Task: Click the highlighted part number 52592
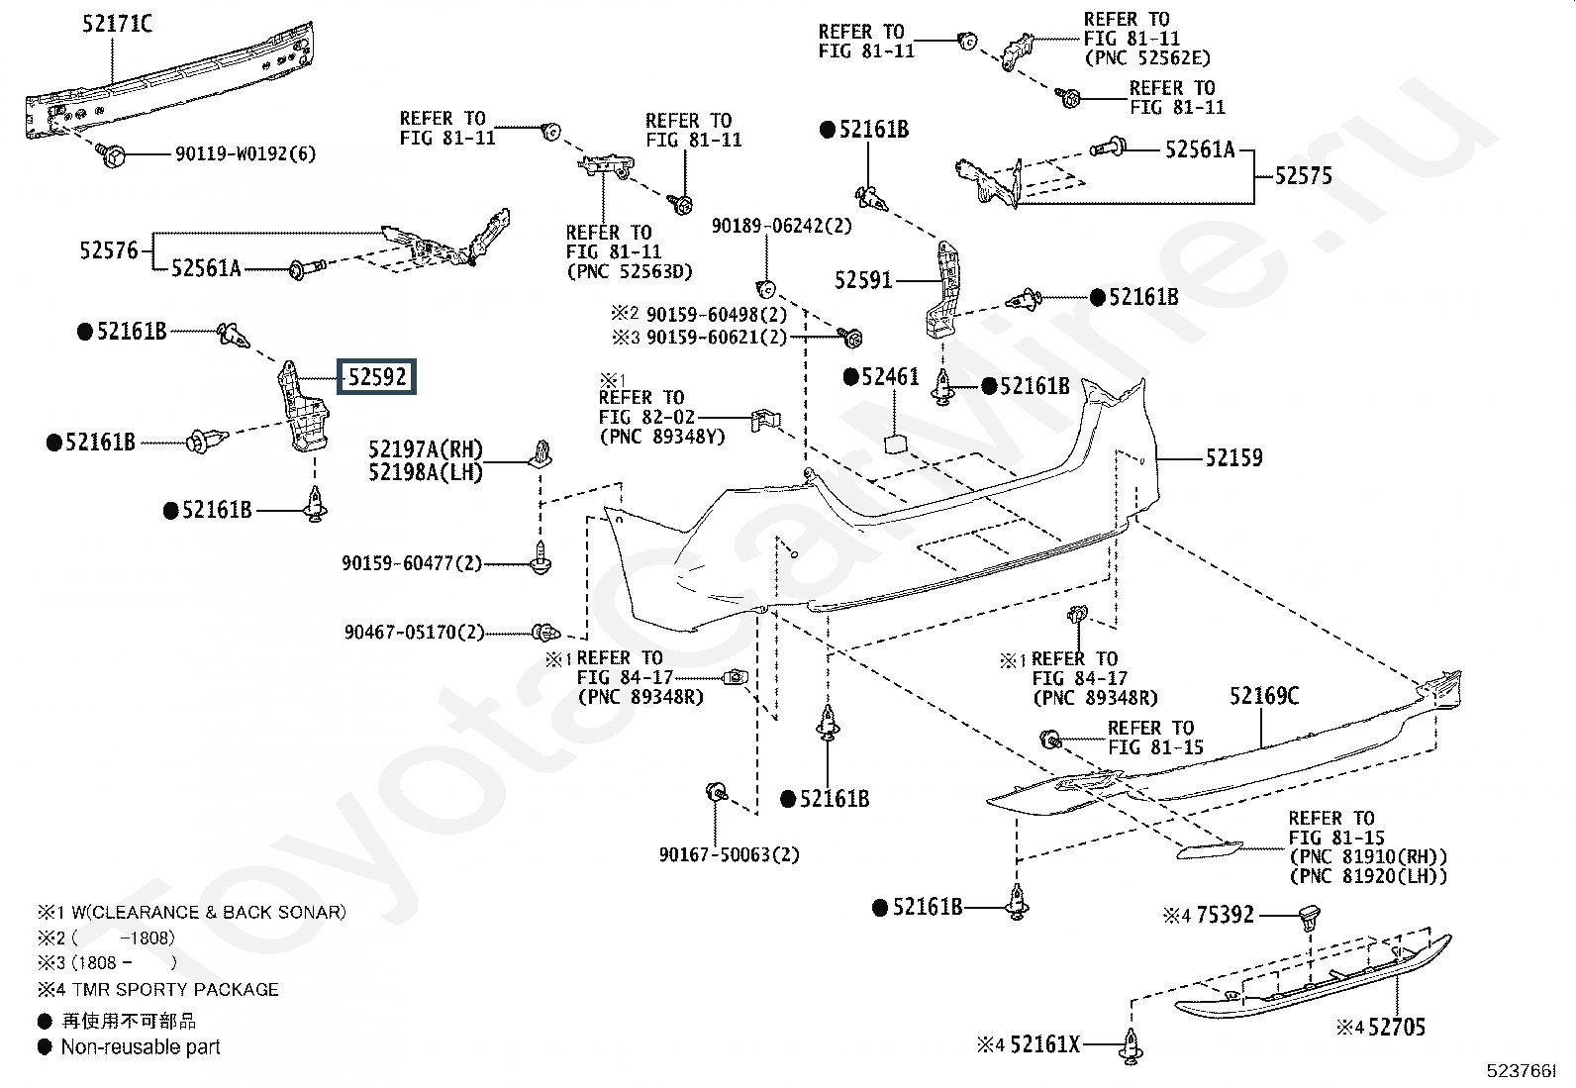click(x=376, y=377)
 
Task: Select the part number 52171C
click(x=117, y=23)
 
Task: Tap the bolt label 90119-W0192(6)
click(x=246, y=154)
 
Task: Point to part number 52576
click(x=109, y=250)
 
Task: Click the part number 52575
click(x=1303, y=176)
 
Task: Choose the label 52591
click(x=863, y=280)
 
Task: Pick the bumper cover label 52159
click(x=1233, y=458)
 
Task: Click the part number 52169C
click(x=1264, y=696)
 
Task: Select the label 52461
click(x=890, y=377)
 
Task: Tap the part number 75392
click(x=1226, y=915)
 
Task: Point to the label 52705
click(x=1397, y=1028)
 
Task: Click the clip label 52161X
click(x=1045, y=1043)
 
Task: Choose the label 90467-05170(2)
click(x=414, y=632)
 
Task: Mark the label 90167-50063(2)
click(x=730, y=854)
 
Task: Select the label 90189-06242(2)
click(x=781, y=226)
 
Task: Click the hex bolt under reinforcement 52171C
click(x=112, y=154)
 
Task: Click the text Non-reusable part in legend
click(x=141, y=1046)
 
